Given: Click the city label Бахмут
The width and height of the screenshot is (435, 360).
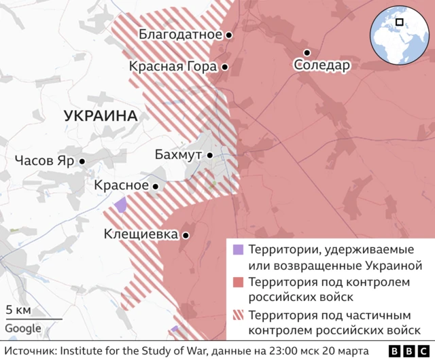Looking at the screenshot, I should pyautogui.click(x=178, y=156).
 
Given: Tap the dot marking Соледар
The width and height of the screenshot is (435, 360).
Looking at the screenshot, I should pyautogui.click(x=307, y=52).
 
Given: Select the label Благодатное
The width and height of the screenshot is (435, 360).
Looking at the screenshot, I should pyautogui.click(x=180, y=34).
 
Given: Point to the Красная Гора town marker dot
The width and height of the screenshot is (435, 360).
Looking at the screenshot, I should pyautogui.click(x=224, y=67).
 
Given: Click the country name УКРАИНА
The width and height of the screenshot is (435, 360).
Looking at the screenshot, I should pyautogui.click(x=101, y=116).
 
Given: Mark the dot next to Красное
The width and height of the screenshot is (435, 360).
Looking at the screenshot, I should pyautogui.click(x=156, y=186).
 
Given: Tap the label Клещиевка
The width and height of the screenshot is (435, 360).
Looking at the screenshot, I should pyautogui.click(x=141, y=234).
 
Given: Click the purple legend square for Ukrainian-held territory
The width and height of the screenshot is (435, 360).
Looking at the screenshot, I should pyautogui.click(x=237, y=249).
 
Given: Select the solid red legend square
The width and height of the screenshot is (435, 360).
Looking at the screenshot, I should pyautogui.click(x=237, y=282).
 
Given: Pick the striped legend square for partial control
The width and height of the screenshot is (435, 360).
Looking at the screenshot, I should pyautogui.click(x=237, y=315).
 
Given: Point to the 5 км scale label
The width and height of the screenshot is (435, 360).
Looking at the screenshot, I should pyautogui.click(x=18, y=310).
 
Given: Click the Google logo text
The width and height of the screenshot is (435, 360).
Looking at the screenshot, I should pyautogui.click(x=23, y=329).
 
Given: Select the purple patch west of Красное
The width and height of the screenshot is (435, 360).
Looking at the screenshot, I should pyautogui.click(x=121, y=204).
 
